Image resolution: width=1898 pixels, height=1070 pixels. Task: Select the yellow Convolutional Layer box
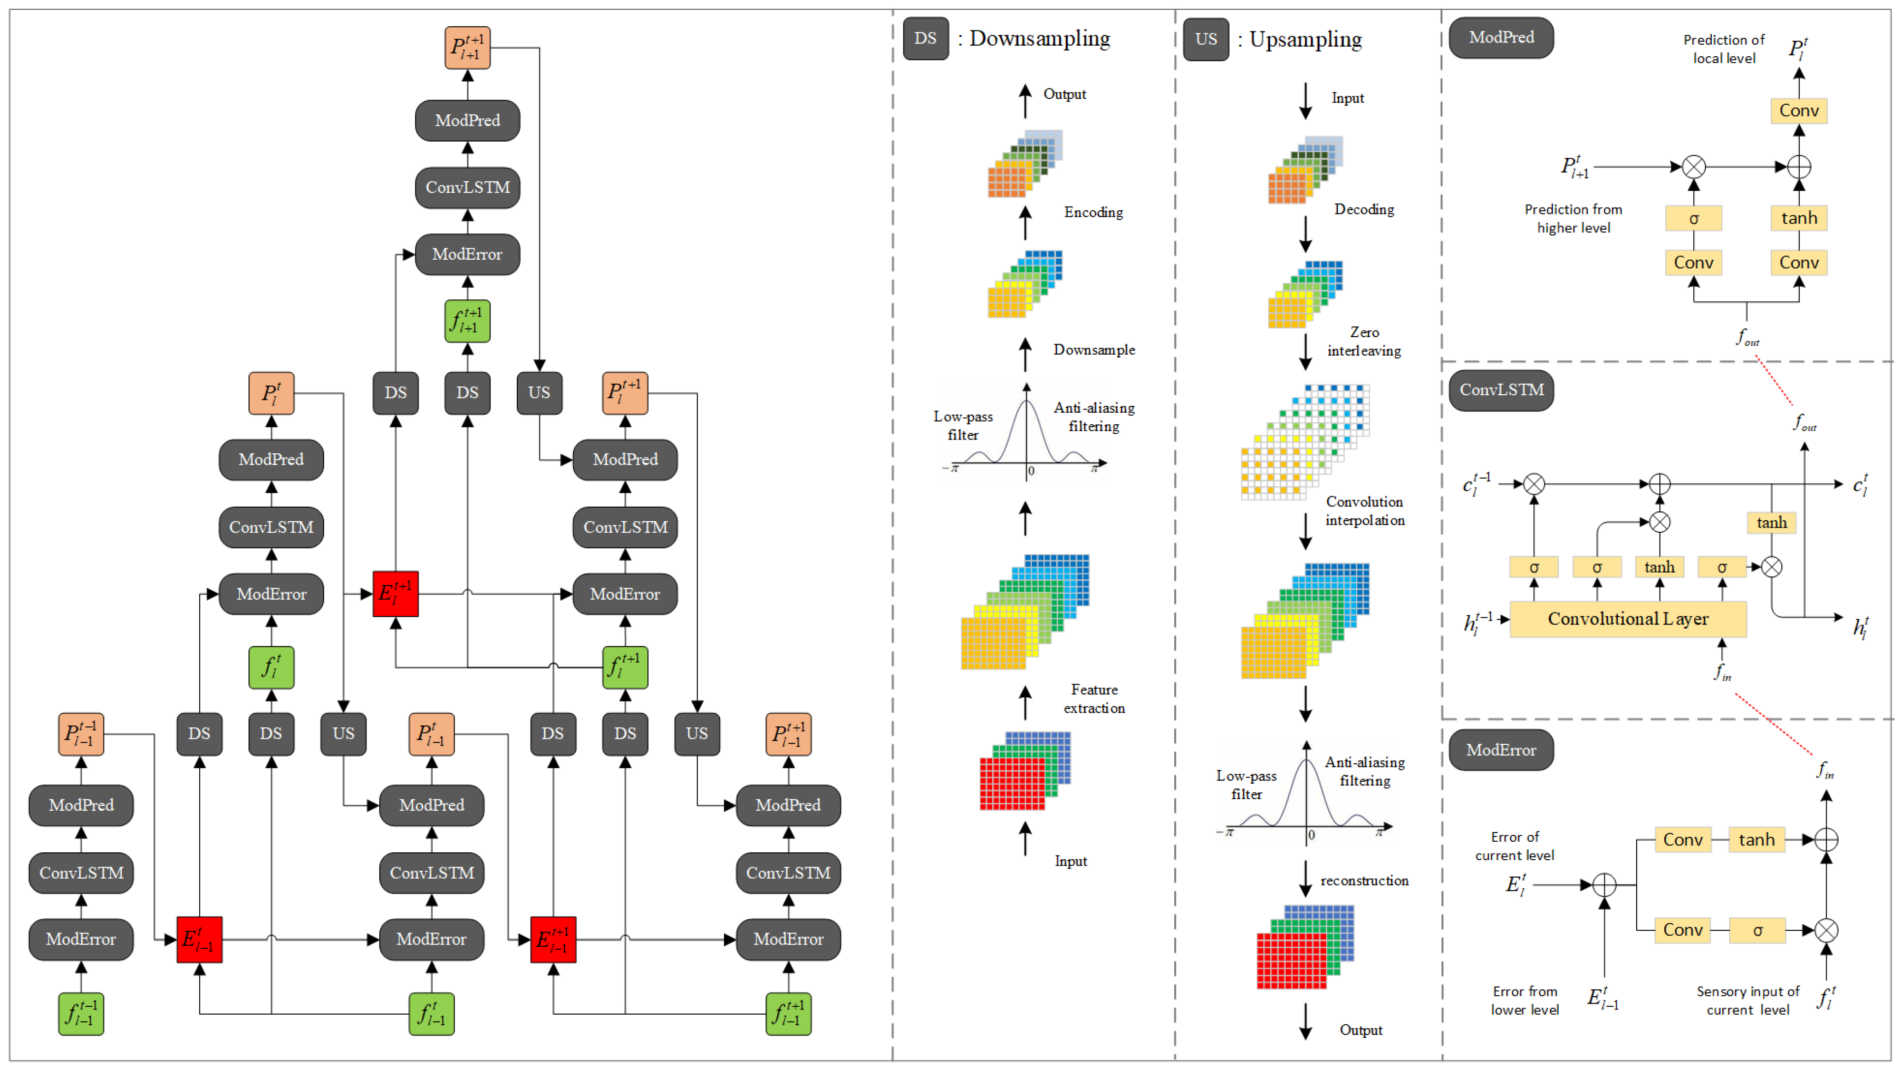1627,619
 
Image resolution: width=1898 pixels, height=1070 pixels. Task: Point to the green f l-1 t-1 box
81,1014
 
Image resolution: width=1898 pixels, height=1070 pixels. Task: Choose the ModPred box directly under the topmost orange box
467,120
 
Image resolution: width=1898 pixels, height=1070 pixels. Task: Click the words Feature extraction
1094,699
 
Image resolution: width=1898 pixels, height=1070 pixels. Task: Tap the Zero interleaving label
1364,341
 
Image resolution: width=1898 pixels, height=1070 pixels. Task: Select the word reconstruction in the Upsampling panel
1364,880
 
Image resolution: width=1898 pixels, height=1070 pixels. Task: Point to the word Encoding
1094,212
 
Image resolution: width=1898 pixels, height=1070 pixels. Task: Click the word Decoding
1364,209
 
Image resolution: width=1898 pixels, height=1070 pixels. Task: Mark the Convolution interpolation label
1365,511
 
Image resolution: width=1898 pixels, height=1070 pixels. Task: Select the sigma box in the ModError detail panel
1757,930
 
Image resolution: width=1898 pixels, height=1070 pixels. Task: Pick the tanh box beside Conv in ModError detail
1756,839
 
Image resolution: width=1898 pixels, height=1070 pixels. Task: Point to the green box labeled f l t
271,668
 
